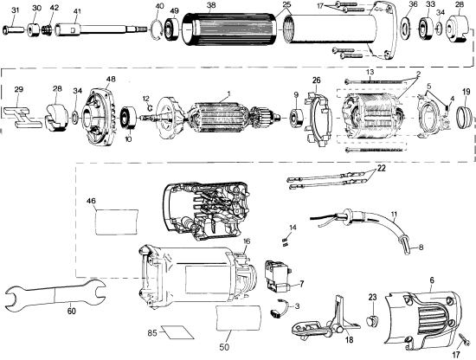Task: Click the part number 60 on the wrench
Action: pos(71,310)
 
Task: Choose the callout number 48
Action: pos(111,80)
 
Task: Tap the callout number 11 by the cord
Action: pos(394,213)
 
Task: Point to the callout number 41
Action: pos(75,11)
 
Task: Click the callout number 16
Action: pos(246,241)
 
